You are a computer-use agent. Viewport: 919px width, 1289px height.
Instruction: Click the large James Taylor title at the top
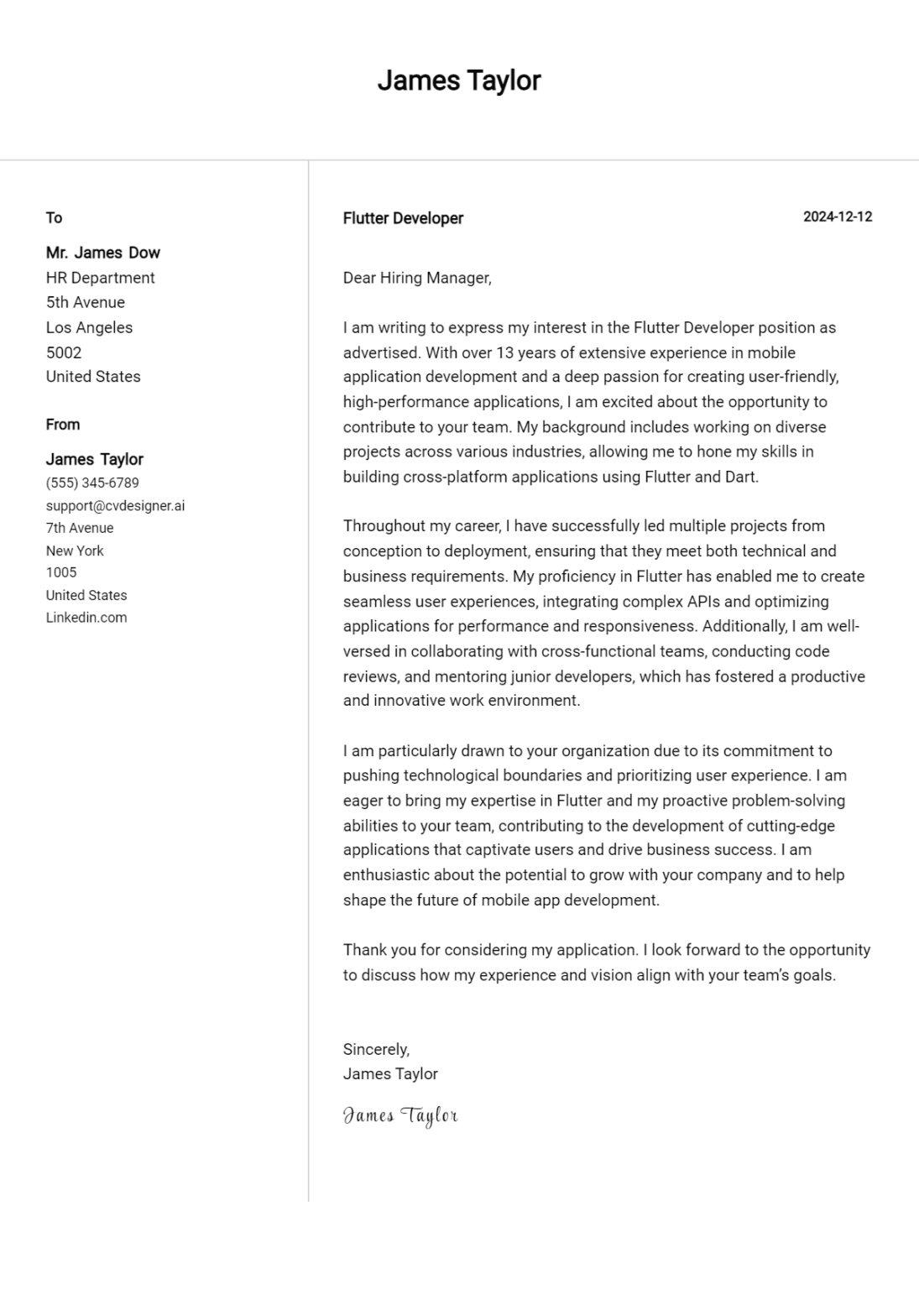(458, 81)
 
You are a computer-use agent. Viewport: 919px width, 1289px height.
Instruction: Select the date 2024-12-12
(837, 217)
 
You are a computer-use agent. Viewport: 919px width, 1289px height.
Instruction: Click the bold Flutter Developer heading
(403, 218)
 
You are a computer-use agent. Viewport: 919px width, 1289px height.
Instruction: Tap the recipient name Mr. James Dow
(102, 253)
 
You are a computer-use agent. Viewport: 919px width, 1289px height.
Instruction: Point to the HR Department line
(100, 278)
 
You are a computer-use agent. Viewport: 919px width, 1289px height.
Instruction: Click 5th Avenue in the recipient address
(85, 302)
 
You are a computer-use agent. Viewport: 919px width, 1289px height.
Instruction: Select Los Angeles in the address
(89, 327)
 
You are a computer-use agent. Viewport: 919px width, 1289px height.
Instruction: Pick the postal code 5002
(64, 352)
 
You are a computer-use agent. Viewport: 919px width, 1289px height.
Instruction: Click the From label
(63, 425)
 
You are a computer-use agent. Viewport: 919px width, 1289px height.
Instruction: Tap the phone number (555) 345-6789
(92, 483)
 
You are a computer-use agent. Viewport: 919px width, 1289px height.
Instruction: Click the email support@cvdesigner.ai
(115, 506)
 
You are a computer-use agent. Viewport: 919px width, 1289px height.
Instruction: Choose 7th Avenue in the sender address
(80, 528)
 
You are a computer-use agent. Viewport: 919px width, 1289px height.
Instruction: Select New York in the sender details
(75, 551)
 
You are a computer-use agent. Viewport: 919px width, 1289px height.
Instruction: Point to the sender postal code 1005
(61, 572)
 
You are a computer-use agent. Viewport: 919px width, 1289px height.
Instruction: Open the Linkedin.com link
(86, 618)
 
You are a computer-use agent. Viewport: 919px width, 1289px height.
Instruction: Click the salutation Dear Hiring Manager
(416, 278)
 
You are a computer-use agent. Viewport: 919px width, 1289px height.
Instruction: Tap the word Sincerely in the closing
(375, 1049)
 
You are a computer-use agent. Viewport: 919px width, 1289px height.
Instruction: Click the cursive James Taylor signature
(400, 1115)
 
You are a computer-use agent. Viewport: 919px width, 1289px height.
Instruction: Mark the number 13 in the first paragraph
(505, 352)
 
